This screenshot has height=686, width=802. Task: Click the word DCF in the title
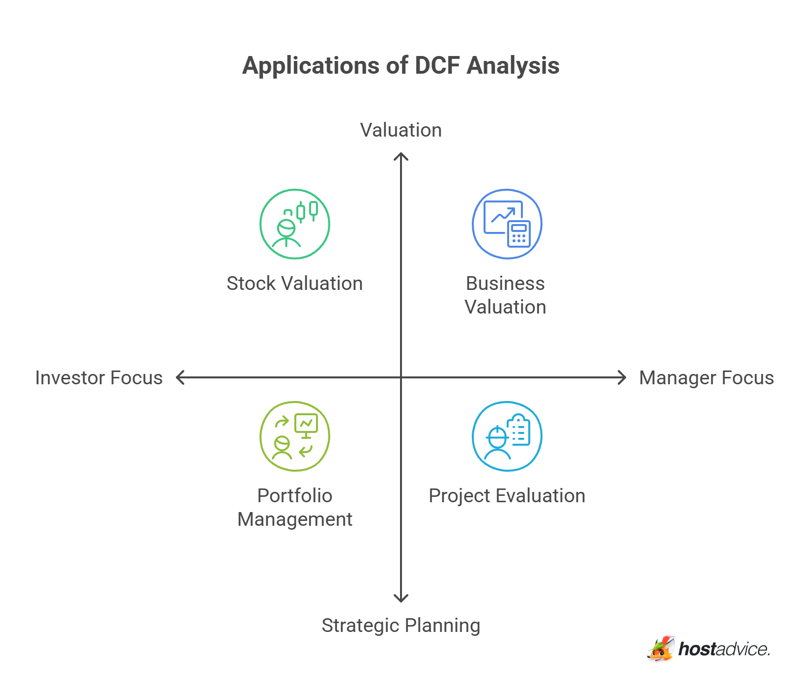point(437,66)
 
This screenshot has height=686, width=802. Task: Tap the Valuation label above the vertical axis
point(401,130)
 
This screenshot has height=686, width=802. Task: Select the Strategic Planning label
point(401,626)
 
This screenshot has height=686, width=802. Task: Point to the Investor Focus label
point(99,378)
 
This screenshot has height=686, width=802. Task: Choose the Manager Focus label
point(706,378)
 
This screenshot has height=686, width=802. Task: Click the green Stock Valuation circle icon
point(295,224)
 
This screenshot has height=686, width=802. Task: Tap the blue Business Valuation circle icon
point(507,224)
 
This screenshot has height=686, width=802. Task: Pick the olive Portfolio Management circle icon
point(295,436)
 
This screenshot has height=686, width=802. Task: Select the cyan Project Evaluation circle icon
point(507,436)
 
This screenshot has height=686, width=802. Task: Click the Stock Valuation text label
point(295,284)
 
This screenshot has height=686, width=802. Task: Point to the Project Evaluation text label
point(507,496)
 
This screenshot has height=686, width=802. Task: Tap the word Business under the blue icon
point(505,284)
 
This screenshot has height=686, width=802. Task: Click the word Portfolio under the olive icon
point(295,496)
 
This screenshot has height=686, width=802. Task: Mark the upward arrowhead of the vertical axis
point(401,156)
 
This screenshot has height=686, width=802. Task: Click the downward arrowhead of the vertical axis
point(401,599)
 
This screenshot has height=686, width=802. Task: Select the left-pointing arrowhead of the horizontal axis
point(179,377)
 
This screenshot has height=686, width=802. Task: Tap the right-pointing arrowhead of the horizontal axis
point(623,377)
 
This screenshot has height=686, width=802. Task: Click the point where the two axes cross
point(401,377)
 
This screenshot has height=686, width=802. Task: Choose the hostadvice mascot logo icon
point(660,649)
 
